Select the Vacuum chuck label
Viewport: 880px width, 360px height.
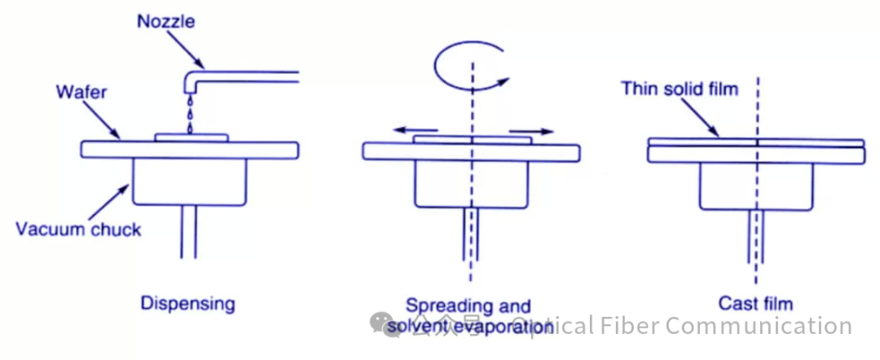click(77, 229)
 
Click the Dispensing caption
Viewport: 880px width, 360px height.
click(187, 304)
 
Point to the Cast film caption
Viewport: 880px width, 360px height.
click(755, 304)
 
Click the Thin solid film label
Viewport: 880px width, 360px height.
click(680, 88)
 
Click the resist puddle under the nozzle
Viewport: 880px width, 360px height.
click(191, 138)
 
